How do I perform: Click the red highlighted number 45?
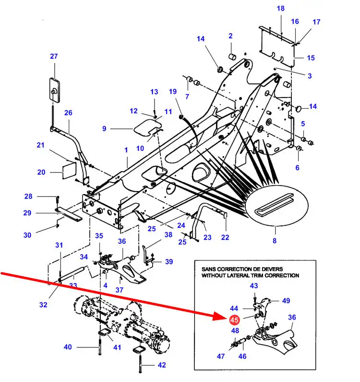pyautogui.click(x=234, y=320)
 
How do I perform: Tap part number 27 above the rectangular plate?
pyautogui.click(x=54, y=56)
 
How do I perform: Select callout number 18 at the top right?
pyautogui.click(x=280, y=9)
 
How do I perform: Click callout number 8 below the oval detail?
pyautogui.click(x=275, y=241)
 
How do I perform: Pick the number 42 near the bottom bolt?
pyautogui.click(x=162, y=365)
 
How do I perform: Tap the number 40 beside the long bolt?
pyautogui.click(x=68, y=347)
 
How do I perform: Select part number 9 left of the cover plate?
pyautogui.click(x=104, y=128)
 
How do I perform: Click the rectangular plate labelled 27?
pyautogui.click(x=55, y=89)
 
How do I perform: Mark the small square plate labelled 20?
pyautogui.click(x=70, y=170)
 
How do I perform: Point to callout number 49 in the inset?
pyautogui.click(x=286, y=301)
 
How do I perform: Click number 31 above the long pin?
pyautogui.click(x=59, y=245)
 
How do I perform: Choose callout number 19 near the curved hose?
pyautogui.click(x=173, y=92)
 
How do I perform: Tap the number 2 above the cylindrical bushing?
pyautogui.click(x=230, y=36)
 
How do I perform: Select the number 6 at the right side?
pyautogui.click(x=297, y=168)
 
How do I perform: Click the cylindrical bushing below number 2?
pyautogui.click(x=232, y=57)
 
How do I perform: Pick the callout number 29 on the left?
pyautogui.click(x=27, y=213)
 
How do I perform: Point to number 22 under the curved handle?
pyautogui.click(x=225, y=237)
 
